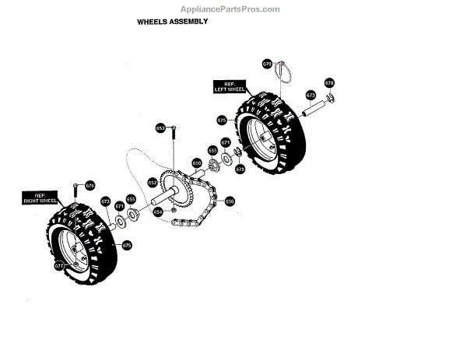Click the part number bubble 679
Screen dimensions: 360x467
point(267,63)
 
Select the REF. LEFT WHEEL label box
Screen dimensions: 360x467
point(229,86)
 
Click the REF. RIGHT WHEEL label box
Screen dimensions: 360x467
point(49,197)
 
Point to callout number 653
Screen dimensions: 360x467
point(160,128)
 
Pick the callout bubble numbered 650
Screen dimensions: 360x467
point(197,163)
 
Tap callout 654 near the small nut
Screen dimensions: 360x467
point(158,211)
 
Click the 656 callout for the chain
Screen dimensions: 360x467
point(230,201)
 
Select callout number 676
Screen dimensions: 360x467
point(90,185)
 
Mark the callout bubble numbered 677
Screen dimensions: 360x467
point(59,266)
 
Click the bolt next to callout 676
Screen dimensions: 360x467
point(75,191)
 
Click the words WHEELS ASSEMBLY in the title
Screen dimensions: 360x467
point(173,22)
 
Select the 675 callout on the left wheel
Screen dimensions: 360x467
point(222,121)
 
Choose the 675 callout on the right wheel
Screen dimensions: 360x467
point(127,245)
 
